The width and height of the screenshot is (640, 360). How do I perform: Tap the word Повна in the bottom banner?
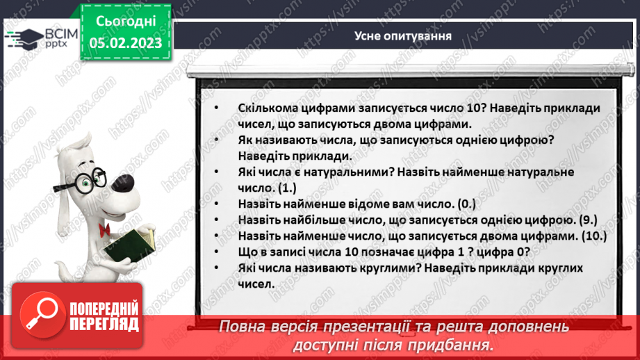pyautogui.click(x=243, y=327)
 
